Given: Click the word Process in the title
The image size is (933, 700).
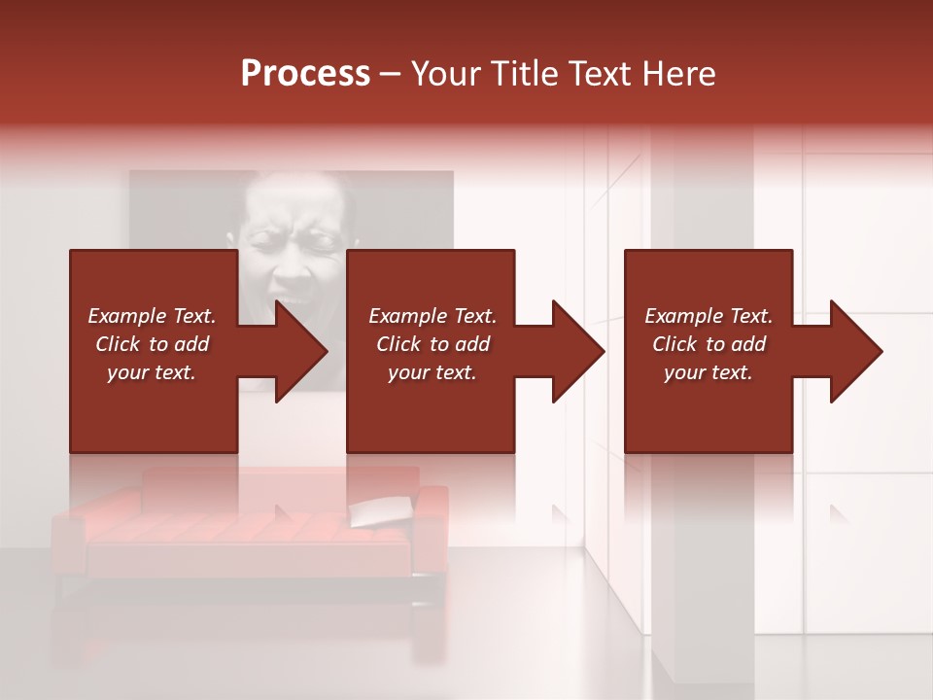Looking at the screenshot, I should pos(305,74).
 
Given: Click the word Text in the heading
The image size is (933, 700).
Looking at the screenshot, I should pos(603,74).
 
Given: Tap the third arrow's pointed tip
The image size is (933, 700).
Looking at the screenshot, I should pos(881,351).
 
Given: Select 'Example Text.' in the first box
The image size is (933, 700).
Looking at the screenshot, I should pos(152,316).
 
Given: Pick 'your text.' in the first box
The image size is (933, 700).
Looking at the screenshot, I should pos(152,372).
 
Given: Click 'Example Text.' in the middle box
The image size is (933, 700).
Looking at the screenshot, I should pos(432,316).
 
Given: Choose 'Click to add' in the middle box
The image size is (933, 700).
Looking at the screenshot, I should pos(432,344).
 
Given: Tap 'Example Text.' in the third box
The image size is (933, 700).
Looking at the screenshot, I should pos(708,316).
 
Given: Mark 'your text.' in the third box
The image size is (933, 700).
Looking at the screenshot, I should pos(708,372).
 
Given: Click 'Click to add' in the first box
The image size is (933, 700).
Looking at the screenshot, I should pos(152,344).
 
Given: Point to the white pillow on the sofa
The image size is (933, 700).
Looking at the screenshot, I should pos(381,511).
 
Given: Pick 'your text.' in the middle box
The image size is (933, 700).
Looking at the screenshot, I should pos(432,372).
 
